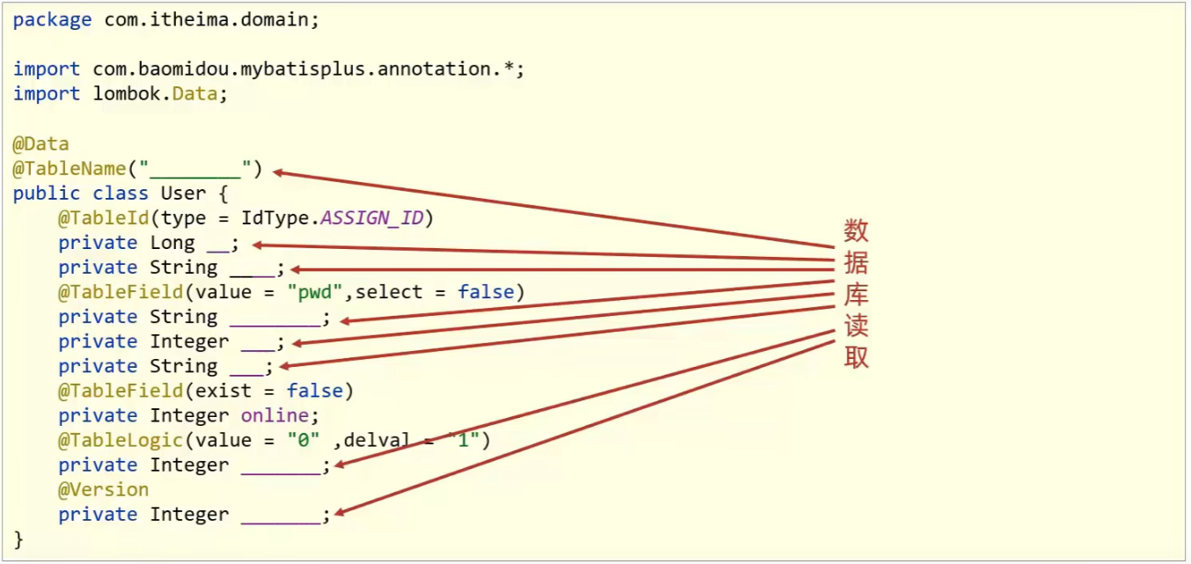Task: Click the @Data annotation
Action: (40, 143)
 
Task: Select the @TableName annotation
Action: (70, 168)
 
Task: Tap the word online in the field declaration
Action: (275, 415)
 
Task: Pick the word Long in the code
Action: (173, 243)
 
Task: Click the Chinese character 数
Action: (856, 231)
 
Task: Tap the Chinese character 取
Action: (856, 357)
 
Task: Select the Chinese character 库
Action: (856, 295)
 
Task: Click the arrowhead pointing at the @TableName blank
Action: (279, 172)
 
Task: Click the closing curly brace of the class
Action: (18, 538)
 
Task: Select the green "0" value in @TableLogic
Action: (303, 440)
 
